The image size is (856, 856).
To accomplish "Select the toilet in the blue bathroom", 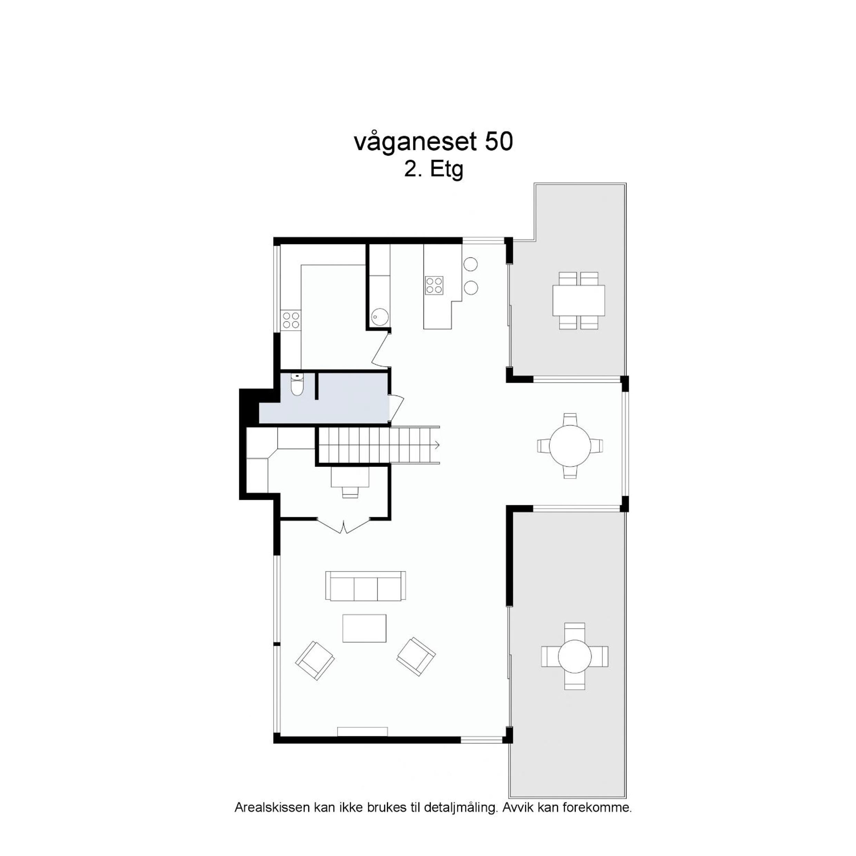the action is tap(297, 385).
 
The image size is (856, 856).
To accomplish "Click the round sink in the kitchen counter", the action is tap(380, 317).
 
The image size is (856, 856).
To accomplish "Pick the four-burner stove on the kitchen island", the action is tap(434, 285).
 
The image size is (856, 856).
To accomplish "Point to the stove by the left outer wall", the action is tap(291, 320).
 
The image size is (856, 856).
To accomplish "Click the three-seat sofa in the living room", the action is tap(366, 586).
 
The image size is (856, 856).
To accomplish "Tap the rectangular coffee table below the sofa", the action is tap(364, 628).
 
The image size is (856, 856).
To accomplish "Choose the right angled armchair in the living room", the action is tap(416, 656).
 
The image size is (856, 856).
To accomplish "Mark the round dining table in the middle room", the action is tap(570, 446).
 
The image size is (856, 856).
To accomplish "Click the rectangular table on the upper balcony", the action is tap(578, 300).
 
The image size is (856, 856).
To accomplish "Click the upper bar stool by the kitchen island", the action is tap(470, 264).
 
